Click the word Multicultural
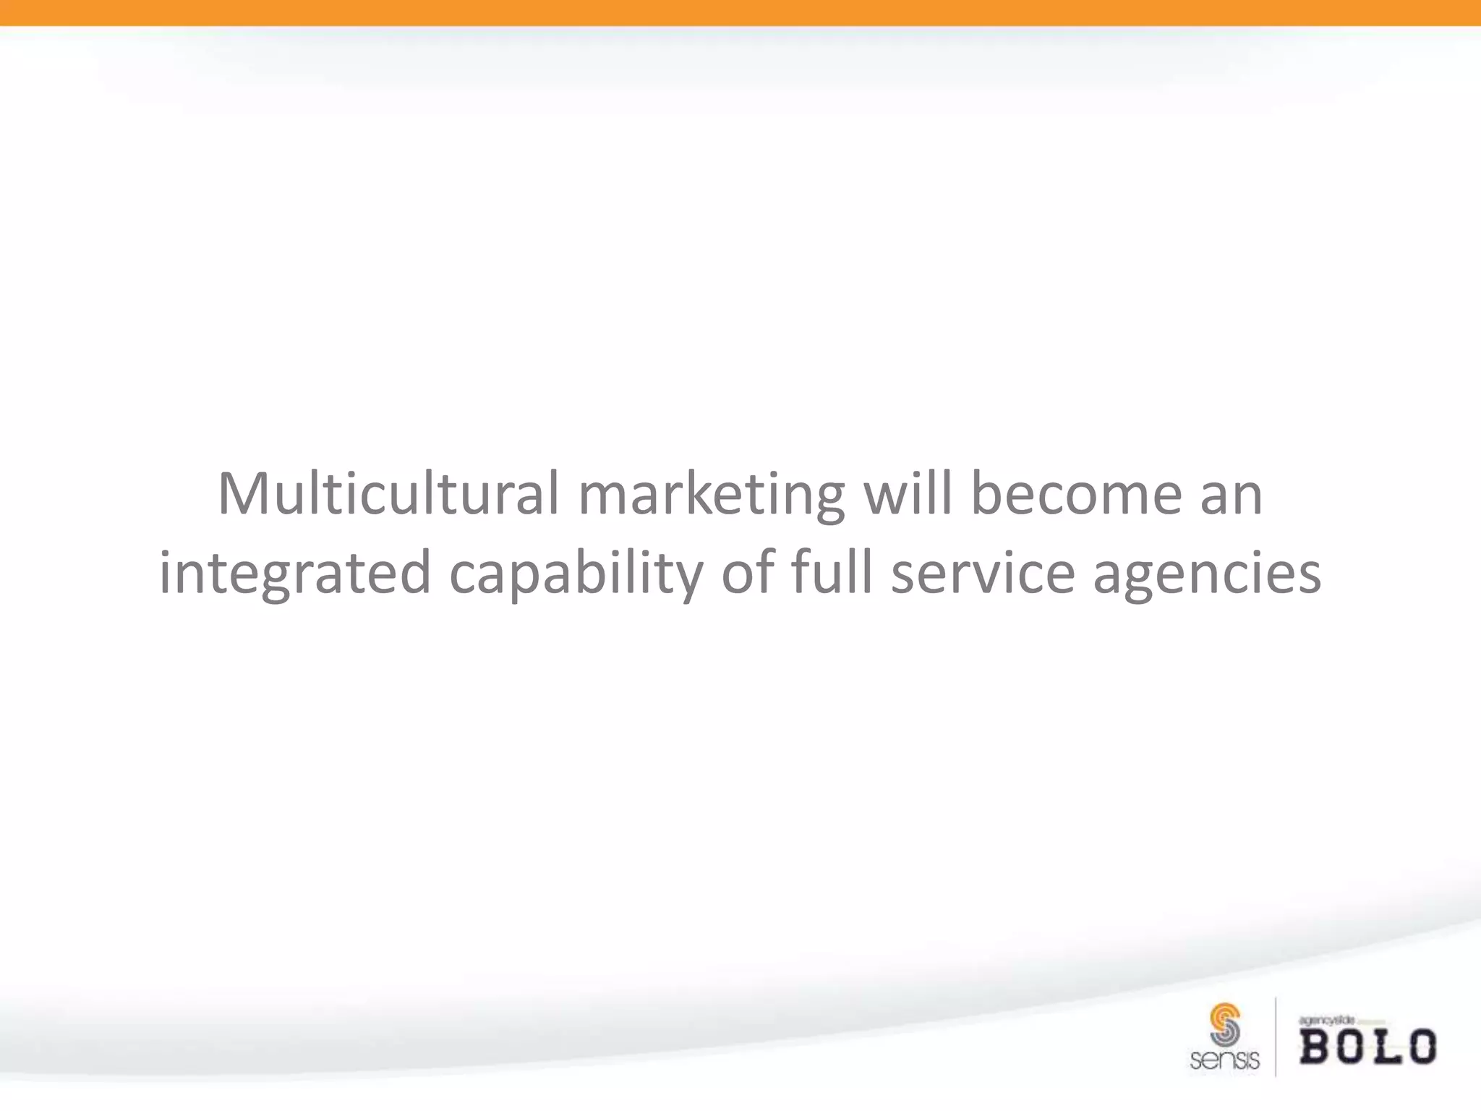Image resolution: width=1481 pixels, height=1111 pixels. coord(388,494)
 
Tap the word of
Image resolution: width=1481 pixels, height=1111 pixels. coord(748,572)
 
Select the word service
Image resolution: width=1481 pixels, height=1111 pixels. coord(983,574)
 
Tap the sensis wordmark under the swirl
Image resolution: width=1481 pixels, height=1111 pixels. coord(1224,1060)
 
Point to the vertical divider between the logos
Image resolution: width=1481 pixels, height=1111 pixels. coord(1275,1036)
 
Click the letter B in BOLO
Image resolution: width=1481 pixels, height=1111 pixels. coord(1317,1047)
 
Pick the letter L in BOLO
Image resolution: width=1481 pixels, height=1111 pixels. coord(1384,1047)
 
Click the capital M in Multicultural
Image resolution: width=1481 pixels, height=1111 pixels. coord(244,494)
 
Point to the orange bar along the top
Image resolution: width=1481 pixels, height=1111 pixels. coord(740,12)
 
